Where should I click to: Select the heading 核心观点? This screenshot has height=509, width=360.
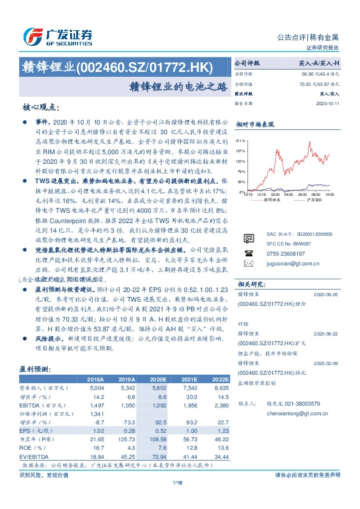(41, 106)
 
